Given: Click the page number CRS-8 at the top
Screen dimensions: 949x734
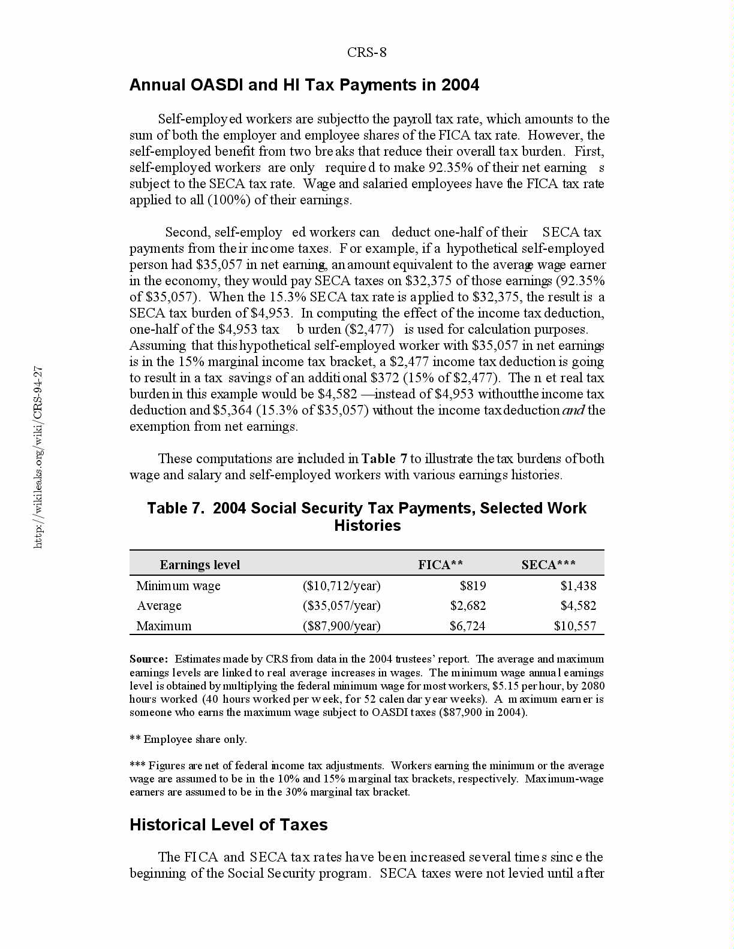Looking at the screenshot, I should click(x=366, y=52).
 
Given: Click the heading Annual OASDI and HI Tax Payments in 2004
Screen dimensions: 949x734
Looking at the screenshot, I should click(x=304, y=85).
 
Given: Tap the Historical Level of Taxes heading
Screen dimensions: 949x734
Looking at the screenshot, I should click(x=228, y=825).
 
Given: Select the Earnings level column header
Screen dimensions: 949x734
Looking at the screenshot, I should click(x=199, y=565).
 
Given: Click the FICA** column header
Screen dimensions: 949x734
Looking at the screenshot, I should click(x=440, y=564).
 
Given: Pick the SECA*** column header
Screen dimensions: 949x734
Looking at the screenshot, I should click(x=548, y=564).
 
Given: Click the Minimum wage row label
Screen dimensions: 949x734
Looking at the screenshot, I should click(x=178, y=586).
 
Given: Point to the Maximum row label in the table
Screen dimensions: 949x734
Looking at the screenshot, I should click(x=164, y=626).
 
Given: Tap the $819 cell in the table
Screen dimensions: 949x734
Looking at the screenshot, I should click(x=473, y=586).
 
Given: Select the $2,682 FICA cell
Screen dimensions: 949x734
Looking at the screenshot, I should click(x=468, y=606).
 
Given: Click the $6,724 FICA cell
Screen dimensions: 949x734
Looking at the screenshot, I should click(x=467, y=626).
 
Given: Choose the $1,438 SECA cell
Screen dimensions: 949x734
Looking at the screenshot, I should click(x=578, y=586).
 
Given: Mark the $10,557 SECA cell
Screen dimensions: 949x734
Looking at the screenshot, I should click(x=575, y=626).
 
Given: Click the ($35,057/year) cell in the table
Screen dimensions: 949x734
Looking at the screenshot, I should click(x=341, y=606).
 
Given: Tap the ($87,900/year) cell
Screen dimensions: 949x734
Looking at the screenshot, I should click(x=341, y=626).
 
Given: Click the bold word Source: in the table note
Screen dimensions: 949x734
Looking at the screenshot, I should click(x=148, y=659).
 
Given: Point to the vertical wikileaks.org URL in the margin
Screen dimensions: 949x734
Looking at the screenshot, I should click(x=38, y=457).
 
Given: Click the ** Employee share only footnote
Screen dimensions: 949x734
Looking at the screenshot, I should click(x=188, y=739).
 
